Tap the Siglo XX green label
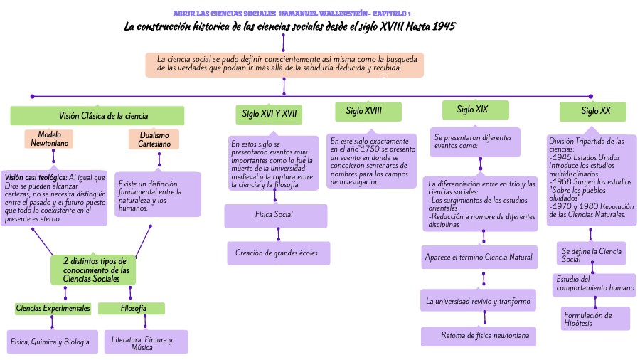tap(592, 112)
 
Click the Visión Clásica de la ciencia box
tap(97, 116)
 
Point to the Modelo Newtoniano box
tap(49, 139)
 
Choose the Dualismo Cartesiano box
tap(154, 139)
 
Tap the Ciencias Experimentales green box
tap(53, 308)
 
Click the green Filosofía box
tap(133, 308)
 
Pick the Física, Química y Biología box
tap(50, 342)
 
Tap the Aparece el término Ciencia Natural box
tap(479, 257)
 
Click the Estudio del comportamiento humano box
tap(595, 284)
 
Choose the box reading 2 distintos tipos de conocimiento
tap(94, 270)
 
